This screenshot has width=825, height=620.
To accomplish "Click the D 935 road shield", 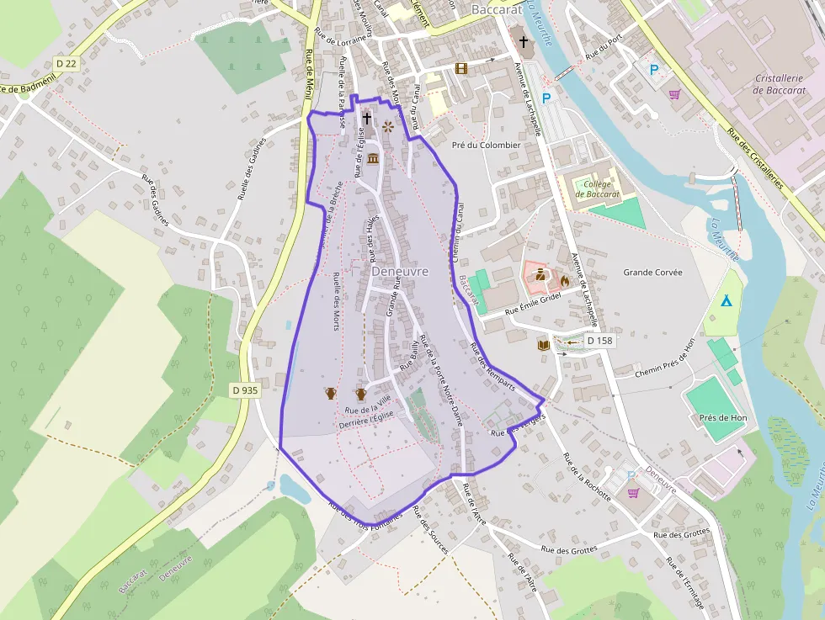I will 245,390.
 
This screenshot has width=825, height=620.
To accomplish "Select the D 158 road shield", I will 599,341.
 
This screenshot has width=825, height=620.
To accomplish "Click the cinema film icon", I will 460,68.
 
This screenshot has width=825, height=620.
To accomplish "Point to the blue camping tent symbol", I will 725,300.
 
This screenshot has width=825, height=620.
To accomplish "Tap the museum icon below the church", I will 372,160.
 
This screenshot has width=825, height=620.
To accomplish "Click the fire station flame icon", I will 564,281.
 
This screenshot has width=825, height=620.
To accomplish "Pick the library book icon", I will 543,345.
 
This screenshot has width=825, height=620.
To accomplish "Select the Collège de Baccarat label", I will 597,189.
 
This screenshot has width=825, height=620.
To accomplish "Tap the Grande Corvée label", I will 652,273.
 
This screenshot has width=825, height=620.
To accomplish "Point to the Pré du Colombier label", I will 486,145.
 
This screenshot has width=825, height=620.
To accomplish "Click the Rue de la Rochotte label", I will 586,477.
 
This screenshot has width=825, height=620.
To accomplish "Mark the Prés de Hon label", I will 722,417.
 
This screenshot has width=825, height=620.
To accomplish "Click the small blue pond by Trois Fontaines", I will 294,487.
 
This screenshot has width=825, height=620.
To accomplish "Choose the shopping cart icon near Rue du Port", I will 674,94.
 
